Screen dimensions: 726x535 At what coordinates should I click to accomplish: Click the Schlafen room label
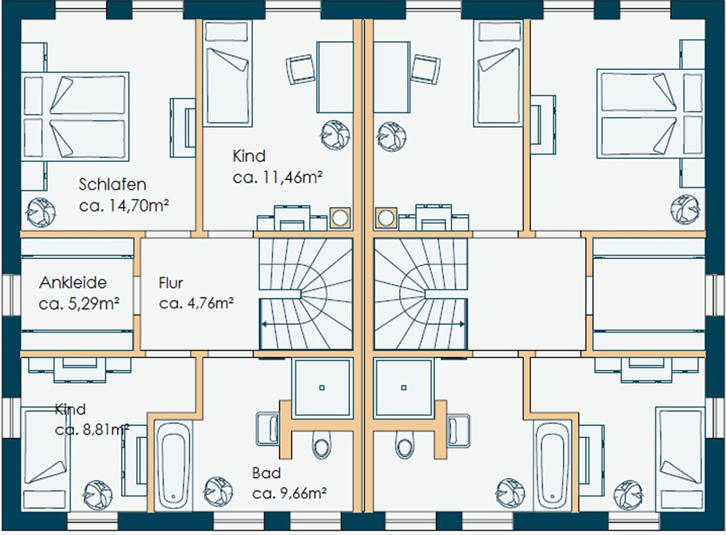(113, 185)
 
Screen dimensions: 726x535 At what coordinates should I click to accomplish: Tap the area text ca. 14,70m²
(124, 206)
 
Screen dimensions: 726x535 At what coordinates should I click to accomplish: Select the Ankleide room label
(73, 283)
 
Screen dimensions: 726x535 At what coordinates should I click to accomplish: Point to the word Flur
(171, 283)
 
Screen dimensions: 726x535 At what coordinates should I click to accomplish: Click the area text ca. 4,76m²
(196, 303)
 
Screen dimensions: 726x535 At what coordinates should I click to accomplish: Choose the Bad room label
(266, 473)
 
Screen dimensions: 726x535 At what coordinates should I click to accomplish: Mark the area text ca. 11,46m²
(278, 178)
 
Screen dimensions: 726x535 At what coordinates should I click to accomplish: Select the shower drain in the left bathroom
(322, 388)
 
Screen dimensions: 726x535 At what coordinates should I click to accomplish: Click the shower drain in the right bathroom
(404, 388)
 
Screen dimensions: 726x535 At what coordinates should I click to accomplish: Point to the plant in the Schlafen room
(41, 212)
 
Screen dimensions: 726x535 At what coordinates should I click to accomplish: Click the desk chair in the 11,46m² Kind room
(300, 70)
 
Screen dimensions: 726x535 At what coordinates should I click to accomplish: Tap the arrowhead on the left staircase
(264, 324)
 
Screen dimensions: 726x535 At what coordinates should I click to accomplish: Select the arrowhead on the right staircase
(462, 324)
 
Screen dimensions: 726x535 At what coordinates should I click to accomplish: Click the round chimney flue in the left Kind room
(340, 218)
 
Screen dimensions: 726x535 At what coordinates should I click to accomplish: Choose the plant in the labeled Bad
(218, 491)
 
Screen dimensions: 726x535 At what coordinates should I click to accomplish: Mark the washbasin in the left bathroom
(267, 430)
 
